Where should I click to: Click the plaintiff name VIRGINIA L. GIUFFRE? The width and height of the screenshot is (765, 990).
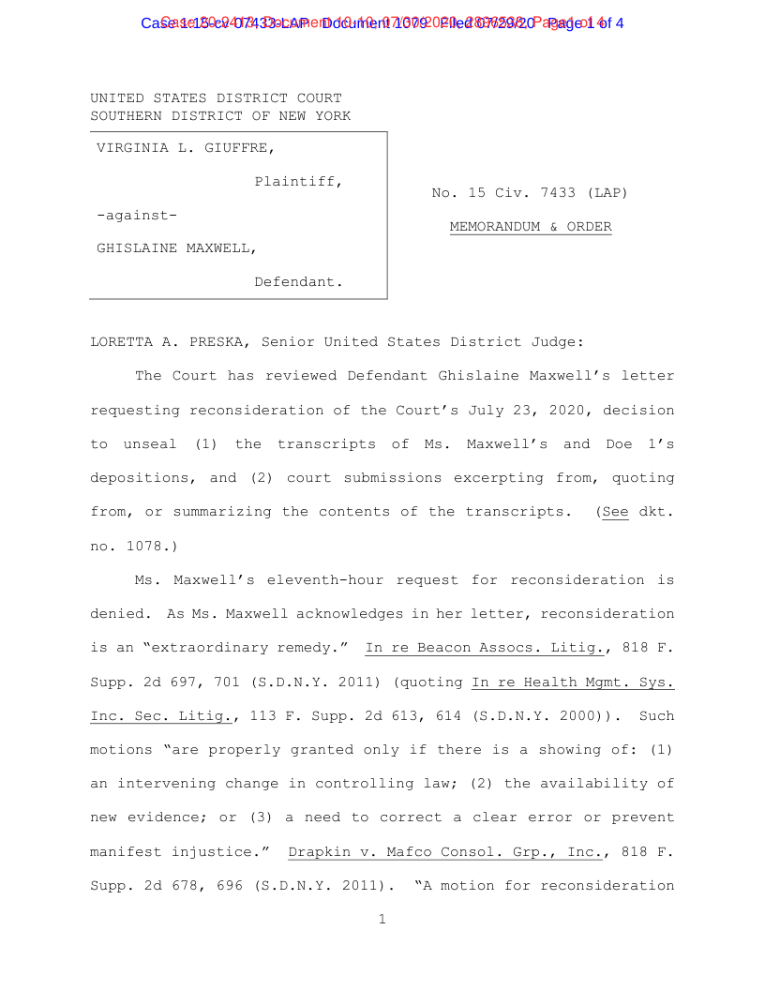186,148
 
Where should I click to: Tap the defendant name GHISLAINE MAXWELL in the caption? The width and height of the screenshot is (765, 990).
177,248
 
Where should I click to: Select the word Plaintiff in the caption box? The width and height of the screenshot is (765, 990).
297,181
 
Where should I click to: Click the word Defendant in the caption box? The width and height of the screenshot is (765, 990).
297,282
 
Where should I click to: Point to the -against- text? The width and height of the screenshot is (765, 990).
137,215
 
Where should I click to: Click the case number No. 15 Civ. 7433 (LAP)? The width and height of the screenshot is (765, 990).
530,193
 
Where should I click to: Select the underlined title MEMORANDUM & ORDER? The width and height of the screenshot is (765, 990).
530,227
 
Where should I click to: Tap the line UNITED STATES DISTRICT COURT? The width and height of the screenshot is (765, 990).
216,98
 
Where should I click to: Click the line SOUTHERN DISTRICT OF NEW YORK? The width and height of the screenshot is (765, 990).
220,116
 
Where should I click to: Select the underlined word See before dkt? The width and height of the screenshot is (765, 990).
614,512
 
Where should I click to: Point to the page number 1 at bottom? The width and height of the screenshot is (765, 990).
382,920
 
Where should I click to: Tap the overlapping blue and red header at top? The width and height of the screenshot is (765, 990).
382,22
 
